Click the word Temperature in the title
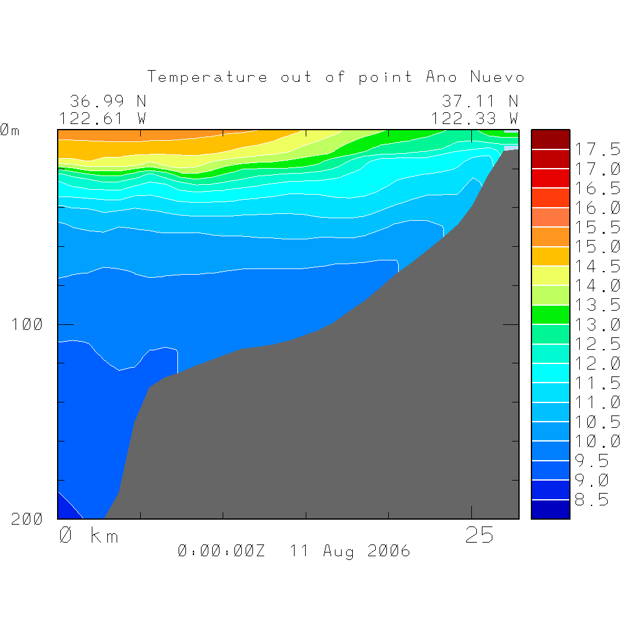[x=208, y=78]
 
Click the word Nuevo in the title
[x=497, y=78]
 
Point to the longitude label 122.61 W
[x=103, y=118]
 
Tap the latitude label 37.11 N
[x=480, y=100]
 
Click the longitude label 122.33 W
[x=475, y=118]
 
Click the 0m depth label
[x=10, y=130]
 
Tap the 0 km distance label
[x=88, y=536]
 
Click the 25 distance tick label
[x=479, y=536]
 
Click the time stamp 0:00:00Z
[x=221, y=551]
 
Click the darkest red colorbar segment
[x=550, y=140]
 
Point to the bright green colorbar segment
[x=550, y=314]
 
